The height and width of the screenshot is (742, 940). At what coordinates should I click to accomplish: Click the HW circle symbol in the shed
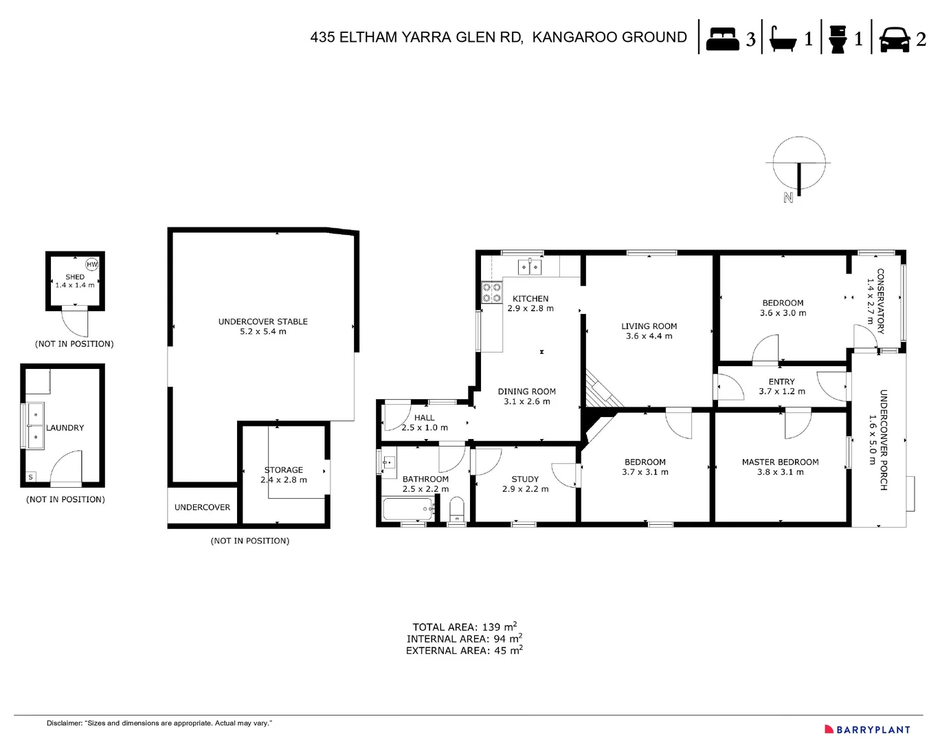[x=92, y=265]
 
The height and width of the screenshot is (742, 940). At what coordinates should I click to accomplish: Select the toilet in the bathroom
[x=456, y=510]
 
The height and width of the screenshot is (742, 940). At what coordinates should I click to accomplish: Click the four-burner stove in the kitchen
[x=491, y=293]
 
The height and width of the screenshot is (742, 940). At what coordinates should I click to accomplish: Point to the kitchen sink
[x=530, y=266]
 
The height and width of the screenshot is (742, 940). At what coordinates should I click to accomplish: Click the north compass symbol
[x=798, y=165]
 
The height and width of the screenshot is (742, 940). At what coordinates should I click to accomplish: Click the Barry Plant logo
[x=867, y=730]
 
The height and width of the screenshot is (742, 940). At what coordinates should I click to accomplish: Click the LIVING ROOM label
[x=649, y=326]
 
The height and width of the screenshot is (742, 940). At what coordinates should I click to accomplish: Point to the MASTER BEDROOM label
[x=780, y=462]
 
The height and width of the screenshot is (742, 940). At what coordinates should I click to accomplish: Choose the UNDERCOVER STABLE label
[x=262, y=322]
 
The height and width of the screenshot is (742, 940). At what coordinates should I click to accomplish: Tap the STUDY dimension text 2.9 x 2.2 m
[x=525, y=489]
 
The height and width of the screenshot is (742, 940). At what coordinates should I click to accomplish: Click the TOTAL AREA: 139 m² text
[x=465, y=627]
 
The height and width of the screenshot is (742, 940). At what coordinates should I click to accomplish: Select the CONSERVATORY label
[x=880, y=301]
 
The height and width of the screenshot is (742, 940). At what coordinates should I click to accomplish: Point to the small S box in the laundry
[x=30, y=477]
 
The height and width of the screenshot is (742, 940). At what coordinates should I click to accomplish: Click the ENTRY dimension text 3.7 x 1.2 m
[x=781, y=392]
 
